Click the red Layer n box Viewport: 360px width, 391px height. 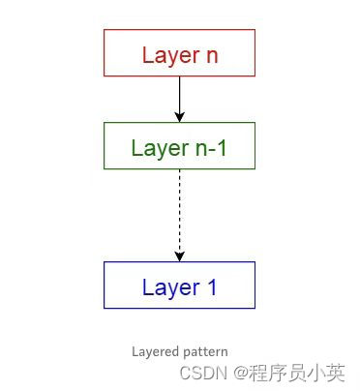(x=179, y=52)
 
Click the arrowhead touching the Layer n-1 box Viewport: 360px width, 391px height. (x=179, y=117)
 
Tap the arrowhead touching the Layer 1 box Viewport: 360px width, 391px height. (x=179, y=256)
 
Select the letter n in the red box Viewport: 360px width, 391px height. (x=212, y=55)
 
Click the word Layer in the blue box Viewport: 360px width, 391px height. (x=168, y=287)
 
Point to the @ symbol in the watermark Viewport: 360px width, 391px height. (x=238, y=373)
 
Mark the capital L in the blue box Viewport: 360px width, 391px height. (x=147, y=287)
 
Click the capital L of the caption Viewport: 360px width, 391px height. (x=135, y=351)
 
